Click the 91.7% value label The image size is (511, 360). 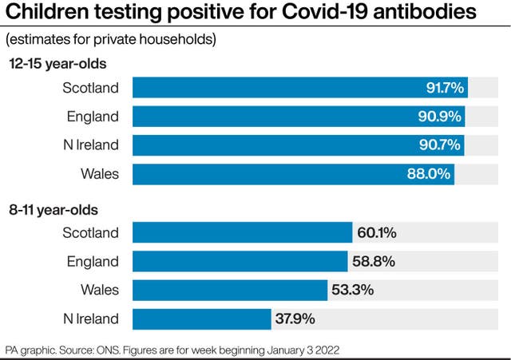(x=445, y=88)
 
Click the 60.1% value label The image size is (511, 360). (x=377, y=233)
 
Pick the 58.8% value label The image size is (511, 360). (x=373, y=262)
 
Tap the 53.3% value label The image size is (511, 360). (x=353, y=290)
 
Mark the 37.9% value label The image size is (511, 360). (x=295, y=318)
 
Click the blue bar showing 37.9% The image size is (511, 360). (x=201, y=318)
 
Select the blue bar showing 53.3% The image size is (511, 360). (x=230, y=290)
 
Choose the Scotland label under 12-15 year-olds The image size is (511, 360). (x=90, y=88)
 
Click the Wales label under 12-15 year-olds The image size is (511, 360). (x=100, y=174)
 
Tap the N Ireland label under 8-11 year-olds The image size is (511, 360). (x=90, y=318)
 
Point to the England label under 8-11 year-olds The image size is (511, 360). (x=93, y=262)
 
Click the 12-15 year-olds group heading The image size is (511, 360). (x=57, y=63)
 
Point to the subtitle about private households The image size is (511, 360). (x=111, y=39)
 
